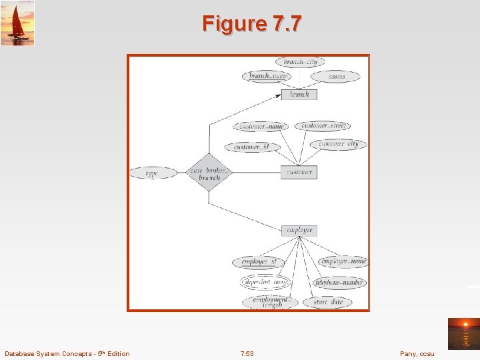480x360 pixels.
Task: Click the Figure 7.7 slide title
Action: point(252,24)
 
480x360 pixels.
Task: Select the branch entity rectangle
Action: point(299,95)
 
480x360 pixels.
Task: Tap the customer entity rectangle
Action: point(299,172)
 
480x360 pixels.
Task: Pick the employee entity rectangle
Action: point(299,231)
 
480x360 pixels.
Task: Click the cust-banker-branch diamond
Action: point(209,173)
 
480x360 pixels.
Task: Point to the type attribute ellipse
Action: point(152,173)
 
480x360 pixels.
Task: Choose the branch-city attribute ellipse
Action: point(300,62)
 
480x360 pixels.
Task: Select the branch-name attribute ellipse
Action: point(267,76)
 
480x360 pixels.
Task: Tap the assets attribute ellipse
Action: point(337,77)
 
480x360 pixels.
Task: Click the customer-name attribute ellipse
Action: point(261,126)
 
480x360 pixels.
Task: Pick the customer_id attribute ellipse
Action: point(251,147)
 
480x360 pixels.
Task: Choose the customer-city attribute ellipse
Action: point(338,144)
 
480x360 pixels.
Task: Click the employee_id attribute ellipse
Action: point(258,262)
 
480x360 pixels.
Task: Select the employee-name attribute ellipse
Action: point(343,262)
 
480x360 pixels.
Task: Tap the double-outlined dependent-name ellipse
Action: point(265,282)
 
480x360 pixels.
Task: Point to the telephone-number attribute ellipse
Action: point(339,283)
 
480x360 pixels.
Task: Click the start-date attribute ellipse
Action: point(327,302)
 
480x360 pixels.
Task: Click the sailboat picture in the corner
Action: point(17,22)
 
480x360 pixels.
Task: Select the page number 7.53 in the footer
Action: point(246,353)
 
